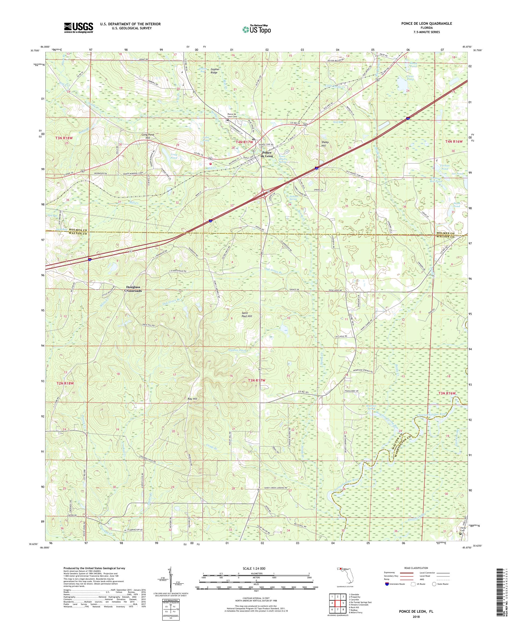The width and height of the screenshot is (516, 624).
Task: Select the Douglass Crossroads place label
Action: tap(133, 289)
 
